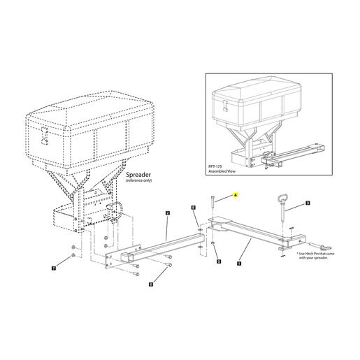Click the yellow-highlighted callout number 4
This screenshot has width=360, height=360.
236,195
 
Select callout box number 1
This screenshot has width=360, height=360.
239,264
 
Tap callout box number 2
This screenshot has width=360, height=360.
168,213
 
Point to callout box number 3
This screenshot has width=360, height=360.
308,203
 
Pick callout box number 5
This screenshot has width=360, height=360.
219,261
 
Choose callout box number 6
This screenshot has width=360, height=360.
151,284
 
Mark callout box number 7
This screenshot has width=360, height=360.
54,268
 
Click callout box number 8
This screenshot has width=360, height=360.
193,207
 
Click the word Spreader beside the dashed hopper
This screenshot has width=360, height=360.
138,175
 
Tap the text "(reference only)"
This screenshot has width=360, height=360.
138,180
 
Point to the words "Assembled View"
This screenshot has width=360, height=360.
222,171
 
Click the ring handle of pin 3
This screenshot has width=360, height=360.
282,199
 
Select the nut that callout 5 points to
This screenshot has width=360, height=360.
213,243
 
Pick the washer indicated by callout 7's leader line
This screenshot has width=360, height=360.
73,255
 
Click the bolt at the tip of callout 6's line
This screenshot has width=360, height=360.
169,265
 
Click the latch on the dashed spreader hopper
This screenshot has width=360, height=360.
45,136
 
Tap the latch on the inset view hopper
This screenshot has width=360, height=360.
225,106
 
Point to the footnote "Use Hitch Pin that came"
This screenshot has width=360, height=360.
315,254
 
